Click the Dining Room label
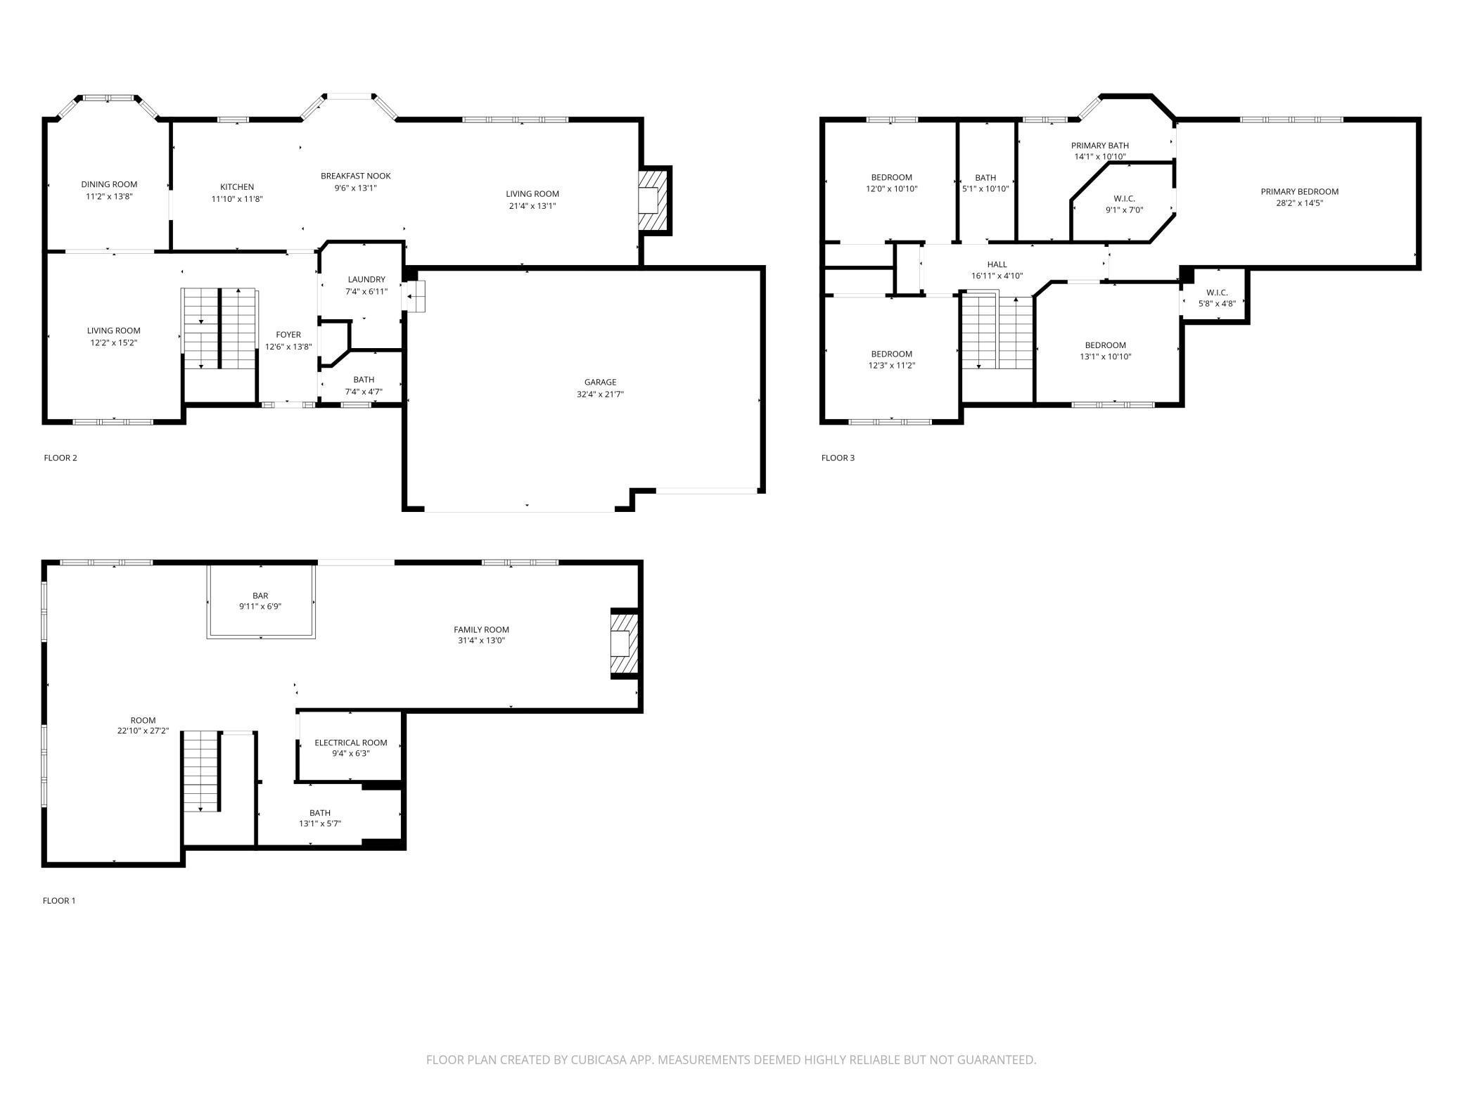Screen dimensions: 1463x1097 (x=109, y=184)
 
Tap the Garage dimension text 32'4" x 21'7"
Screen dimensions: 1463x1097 (x=600, y=394)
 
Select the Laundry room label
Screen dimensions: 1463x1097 (x=366, y=279)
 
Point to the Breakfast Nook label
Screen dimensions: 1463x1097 (x=356, y=176)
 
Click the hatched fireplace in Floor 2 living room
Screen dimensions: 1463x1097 (x=652, y=200)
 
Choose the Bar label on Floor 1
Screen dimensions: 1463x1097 (x=260, y=596)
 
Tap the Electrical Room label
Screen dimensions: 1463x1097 (x=351, y=743)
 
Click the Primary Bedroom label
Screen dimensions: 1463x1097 (x=1299, y=191)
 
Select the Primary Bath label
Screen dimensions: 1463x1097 (x=1100, y=146)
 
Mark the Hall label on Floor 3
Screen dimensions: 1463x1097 (x=997, y=264)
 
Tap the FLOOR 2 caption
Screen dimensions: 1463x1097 (x=60, y=458)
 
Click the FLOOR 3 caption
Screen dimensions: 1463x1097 (x=838, y=458)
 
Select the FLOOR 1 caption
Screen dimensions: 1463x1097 (x=59, y=900)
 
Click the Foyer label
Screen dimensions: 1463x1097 (x=288, y=335)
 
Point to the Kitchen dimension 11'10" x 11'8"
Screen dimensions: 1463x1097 (x=237, y=199)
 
